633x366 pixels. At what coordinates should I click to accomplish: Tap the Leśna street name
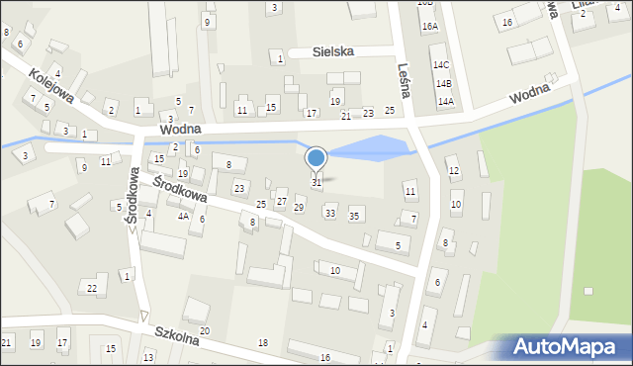pyautogui.click(x=402, y=70)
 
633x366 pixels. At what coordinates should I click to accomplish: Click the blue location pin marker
pyautogui.click(x=316, y=159)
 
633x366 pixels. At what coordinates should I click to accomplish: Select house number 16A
pyautogui.click(x=429, y=27)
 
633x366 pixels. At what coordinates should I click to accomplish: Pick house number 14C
pyautogui.click(x=440, y=64)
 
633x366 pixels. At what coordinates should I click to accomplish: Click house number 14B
pyautogui.click(x=444, y=84)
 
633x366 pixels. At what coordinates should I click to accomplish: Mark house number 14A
pyautogui.click(x=445, y=101)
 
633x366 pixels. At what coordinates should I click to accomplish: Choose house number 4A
pyautogui.click(x=183, y=215)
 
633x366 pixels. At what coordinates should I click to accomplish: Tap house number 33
pyautogui.click(x=330, y=213)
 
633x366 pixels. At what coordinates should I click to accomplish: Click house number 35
pyautogui.click(x=354, y=214)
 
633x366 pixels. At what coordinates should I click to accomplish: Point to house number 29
pyautogui.click(x=299, y=207)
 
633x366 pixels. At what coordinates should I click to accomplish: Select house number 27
pyautogui.click(x=281, y=201)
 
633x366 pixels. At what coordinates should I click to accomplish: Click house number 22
pyautogui.click(x=91, y=288)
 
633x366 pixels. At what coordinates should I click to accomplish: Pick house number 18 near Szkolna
pyautogui.click(x=262, y=342)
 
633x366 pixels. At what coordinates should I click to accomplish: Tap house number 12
pyautogui.click(x=454, y=171)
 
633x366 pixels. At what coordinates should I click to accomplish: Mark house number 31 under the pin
pyautogui.click(x=316, y=182)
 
